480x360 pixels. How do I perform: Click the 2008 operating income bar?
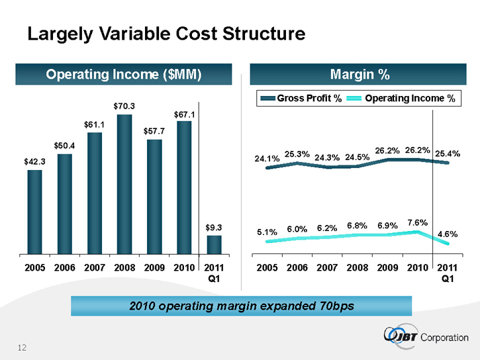(x=124, y=184)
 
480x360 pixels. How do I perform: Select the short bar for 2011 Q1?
(x=213, y=244)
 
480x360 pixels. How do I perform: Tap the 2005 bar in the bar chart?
(x=35, y=212)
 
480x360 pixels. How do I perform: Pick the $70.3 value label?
(x=124, y=105)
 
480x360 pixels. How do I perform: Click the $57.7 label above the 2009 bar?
(x=154, y=130)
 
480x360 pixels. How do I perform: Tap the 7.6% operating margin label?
(x=417, y=222)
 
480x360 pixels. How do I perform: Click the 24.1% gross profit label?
(x=267, y=158)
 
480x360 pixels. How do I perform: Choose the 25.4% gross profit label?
(x=448, y=154)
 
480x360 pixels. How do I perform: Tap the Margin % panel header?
(x=359, y=73)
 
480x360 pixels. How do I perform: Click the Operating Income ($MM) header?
(x=123, y=73)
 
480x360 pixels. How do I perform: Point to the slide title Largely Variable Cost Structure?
(x=166, y=34)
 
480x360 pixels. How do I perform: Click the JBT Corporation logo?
(x=425, y=336)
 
